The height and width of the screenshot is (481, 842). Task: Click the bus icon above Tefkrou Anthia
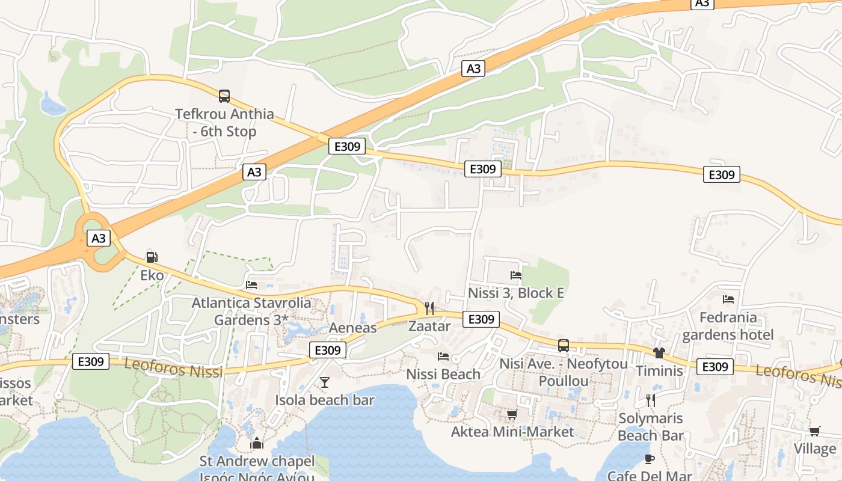click(224, 96)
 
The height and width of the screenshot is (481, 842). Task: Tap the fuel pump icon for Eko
click(152, 257)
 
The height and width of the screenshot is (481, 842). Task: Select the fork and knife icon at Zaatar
click(429, 308)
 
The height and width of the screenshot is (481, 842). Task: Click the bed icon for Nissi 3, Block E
click(516, 275)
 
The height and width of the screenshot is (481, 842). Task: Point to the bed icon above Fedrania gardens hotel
click(728, 299)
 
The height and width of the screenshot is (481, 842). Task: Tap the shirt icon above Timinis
click(659, 353)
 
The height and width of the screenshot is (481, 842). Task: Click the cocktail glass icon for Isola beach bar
click(325, 382)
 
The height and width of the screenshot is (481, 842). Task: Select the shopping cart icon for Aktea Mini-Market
click(512, 414)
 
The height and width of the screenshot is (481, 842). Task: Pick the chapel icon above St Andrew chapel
click(257, 444)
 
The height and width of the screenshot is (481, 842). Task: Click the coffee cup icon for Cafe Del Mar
click(650, 459)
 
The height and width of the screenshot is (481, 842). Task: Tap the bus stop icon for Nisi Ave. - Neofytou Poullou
click(564, 346)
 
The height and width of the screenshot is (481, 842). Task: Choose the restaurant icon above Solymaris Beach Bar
click(650, 400)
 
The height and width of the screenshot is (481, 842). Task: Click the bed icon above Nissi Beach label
click(443, 357)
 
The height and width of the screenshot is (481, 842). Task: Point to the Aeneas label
click(353, 328)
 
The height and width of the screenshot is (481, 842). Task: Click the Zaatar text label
click(429, 326)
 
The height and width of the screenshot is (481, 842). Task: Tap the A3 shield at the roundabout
click(99, 238)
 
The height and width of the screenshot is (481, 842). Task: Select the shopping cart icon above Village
click(815, 431)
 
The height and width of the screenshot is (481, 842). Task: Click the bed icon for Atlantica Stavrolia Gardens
click(251, 284)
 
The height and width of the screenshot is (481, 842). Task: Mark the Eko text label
click(152, 275)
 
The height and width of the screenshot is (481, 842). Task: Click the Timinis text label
click(659, 371)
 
